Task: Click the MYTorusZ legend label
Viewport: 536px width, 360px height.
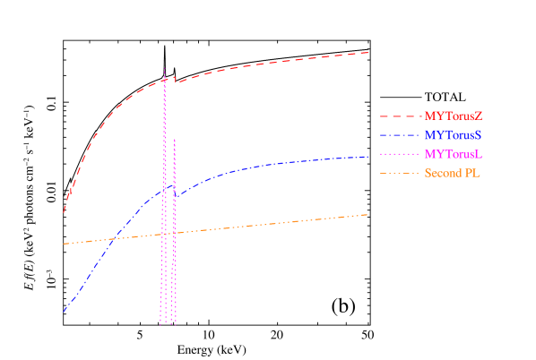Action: point(454,116)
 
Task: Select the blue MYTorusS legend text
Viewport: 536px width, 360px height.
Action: point(454,135)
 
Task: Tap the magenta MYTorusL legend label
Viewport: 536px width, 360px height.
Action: point(454,154)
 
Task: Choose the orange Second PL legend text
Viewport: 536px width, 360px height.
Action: point(453,173)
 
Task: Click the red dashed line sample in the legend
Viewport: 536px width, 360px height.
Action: point(400,116)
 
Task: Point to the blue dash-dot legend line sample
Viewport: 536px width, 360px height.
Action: point(400,135)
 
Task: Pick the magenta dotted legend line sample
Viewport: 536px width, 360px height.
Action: point(400,154)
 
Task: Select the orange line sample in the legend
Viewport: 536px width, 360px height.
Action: point(400,173)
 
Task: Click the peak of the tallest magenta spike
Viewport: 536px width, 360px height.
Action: point(164,69)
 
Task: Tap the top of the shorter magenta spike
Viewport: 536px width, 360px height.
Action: point(174,139)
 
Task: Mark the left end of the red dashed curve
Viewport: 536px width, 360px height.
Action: point(64,212)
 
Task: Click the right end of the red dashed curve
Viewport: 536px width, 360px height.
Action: point(369,52)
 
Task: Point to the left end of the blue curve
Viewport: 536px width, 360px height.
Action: point(64,312)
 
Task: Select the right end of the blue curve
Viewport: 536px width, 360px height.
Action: point(369,157)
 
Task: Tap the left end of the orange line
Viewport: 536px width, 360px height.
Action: point(64,244)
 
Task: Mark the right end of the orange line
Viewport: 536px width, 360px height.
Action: point(369,214)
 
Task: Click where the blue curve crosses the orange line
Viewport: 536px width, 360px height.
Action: point(112,239)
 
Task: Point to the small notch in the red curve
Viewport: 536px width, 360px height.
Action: point(175,81)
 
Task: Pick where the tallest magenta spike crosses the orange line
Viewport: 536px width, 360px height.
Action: point(164,234)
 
